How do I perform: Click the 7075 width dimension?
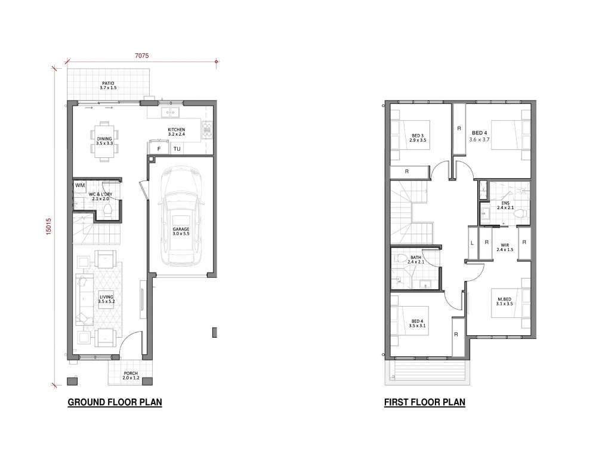click(x=142, y=56)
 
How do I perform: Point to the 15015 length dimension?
click(x=48, y=227)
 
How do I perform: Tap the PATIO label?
click(x=108, y=85)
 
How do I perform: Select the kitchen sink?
click(x=170, y=112)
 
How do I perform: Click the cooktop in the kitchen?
click(x=207, y=130)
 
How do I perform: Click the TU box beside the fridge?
click(x=177, y=149)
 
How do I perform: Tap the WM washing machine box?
click(x=80, y=185)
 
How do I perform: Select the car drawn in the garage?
click(x=181, y=217)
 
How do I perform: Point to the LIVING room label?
click(x=106, y=299)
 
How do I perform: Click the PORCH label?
click(x=131, y=375)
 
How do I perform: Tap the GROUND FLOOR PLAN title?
click(x=115, y=402)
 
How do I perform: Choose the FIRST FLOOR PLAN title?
click(x=425, y=402)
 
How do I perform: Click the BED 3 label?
click(x=418, y=137)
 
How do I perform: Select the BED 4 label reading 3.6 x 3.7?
click(x=480, y=136)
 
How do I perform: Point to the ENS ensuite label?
click(x=505, y=205)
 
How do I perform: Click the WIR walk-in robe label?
click(x=505, y=247)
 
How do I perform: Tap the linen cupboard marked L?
click(x=472, y=243)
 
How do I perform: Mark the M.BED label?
click(x=505, y=301)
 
